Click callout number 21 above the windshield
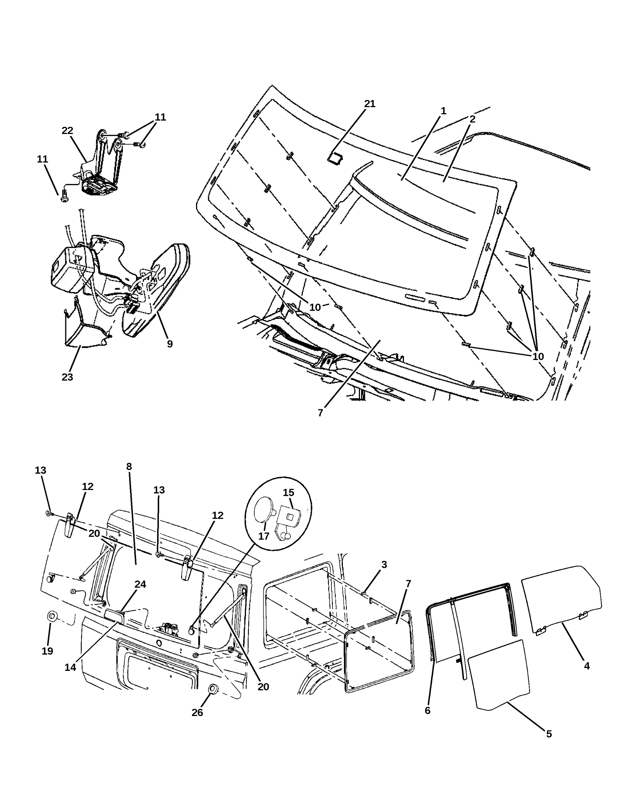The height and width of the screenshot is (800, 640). pos(370,104)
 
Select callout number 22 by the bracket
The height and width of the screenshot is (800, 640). pos(67,131)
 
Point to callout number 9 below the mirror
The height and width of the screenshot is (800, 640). pos(170,344)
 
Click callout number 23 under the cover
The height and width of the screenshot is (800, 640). pos(67,377)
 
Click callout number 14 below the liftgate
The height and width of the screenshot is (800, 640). pos(70,667)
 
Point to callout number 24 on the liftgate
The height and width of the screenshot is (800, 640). pos(140,584)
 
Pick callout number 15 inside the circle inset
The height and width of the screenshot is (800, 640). pos(288,492)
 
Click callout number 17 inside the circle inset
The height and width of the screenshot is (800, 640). pos(264,536)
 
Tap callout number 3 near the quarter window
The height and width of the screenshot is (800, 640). pos(384,564)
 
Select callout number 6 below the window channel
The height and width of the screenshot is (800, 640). pos(427,711)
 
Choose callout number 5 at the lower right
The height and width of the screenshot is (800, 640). pos(549,734)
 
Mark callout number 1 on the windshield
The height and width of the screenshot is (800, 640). pos(443,111)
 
